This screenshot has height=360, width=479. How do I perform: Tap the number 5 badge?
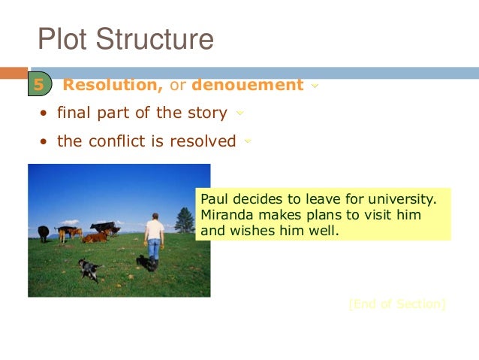39,85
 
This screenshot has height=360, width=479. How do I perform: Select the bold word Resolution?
113,85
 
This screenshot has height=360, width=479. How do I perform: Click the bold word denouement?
248,85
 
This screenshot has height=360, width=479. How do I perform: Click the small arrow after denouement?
314,86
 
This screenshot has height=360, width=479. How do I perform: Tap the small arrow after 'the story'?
239,113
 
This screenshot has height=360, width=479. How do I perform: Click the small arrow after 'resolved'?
248,141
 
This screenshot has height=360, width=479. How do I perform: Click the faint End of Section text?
396,304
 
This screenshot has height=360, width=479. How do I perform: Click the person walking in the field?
154,237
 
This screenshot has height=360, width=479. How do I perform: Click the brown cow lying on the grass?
95,237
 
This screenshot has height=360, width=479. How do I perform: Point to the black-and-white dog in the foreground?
89,268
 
